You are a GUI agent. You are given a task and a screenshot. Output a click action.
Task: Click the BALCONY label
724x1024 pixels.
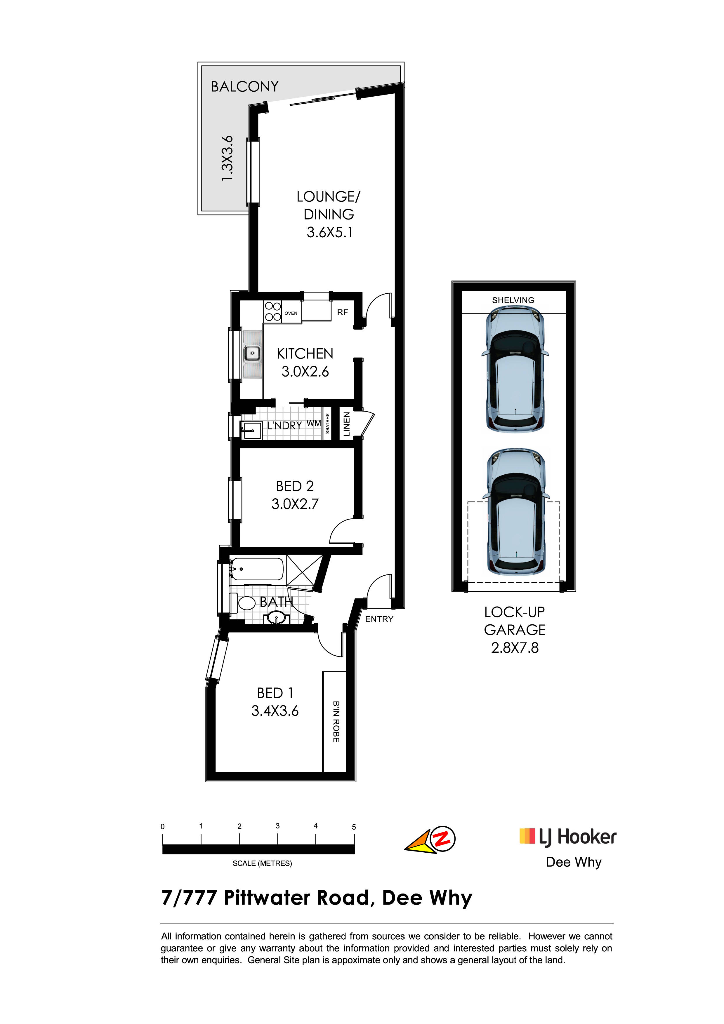coord(244,86)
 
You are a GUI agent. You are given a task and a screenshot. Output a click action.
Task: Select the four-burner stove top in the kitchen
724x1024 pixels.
coord(272,311)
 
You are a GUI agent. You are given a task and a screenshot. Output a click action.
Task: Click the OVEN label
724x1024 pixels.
coord(291,313)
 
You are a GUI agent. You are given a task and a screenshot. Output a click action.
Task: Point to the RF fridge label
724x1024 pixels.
coord(343,313)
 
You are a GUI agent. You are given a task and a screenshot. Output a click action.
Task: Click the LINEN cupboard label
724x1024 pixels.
coord(346,424)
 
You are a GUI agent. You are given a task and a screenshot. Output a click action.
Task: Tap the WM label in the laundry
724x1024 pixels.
coord(314,423)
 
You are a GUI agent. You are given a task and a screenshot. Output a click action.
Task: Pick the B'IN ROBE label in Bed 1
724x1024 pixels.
coord(336,722)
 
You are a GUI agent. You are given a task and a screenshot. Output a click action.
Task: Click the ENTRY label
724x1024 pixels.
coord(379,619)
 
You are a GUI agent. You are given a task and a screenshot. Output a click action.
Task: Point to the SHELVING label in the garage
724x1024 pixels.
coord(513,300)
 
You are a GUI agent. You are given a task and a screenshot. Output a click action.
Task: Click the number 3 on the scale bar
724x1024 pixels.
coord(277,826)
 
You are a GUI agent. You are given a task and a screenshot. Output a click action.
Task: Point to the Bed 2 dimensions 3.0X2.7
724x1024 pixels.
coord(295,504)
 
